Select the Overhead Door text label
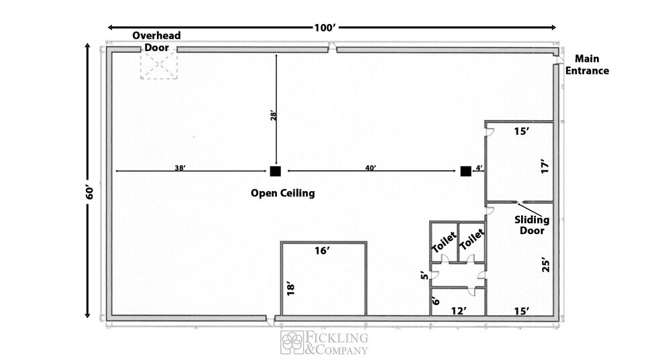(156, 41)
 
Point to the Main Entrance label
(588, 65)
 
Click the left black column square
(275, 172)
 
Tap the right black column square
(465, 172)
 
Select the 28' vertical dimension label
(272, 116)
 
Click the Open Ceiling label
(282, 193)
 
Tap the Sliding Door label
(532, 225)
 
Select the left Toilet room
(443, 243)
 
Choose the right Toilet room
(472, 242)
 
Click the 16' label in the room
(323, 251)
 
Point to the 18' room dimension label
(290, 288)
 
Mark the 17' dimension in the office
(545, 166)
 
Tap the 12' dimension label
(458, 310)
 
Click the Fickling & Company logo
(325, 343)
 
